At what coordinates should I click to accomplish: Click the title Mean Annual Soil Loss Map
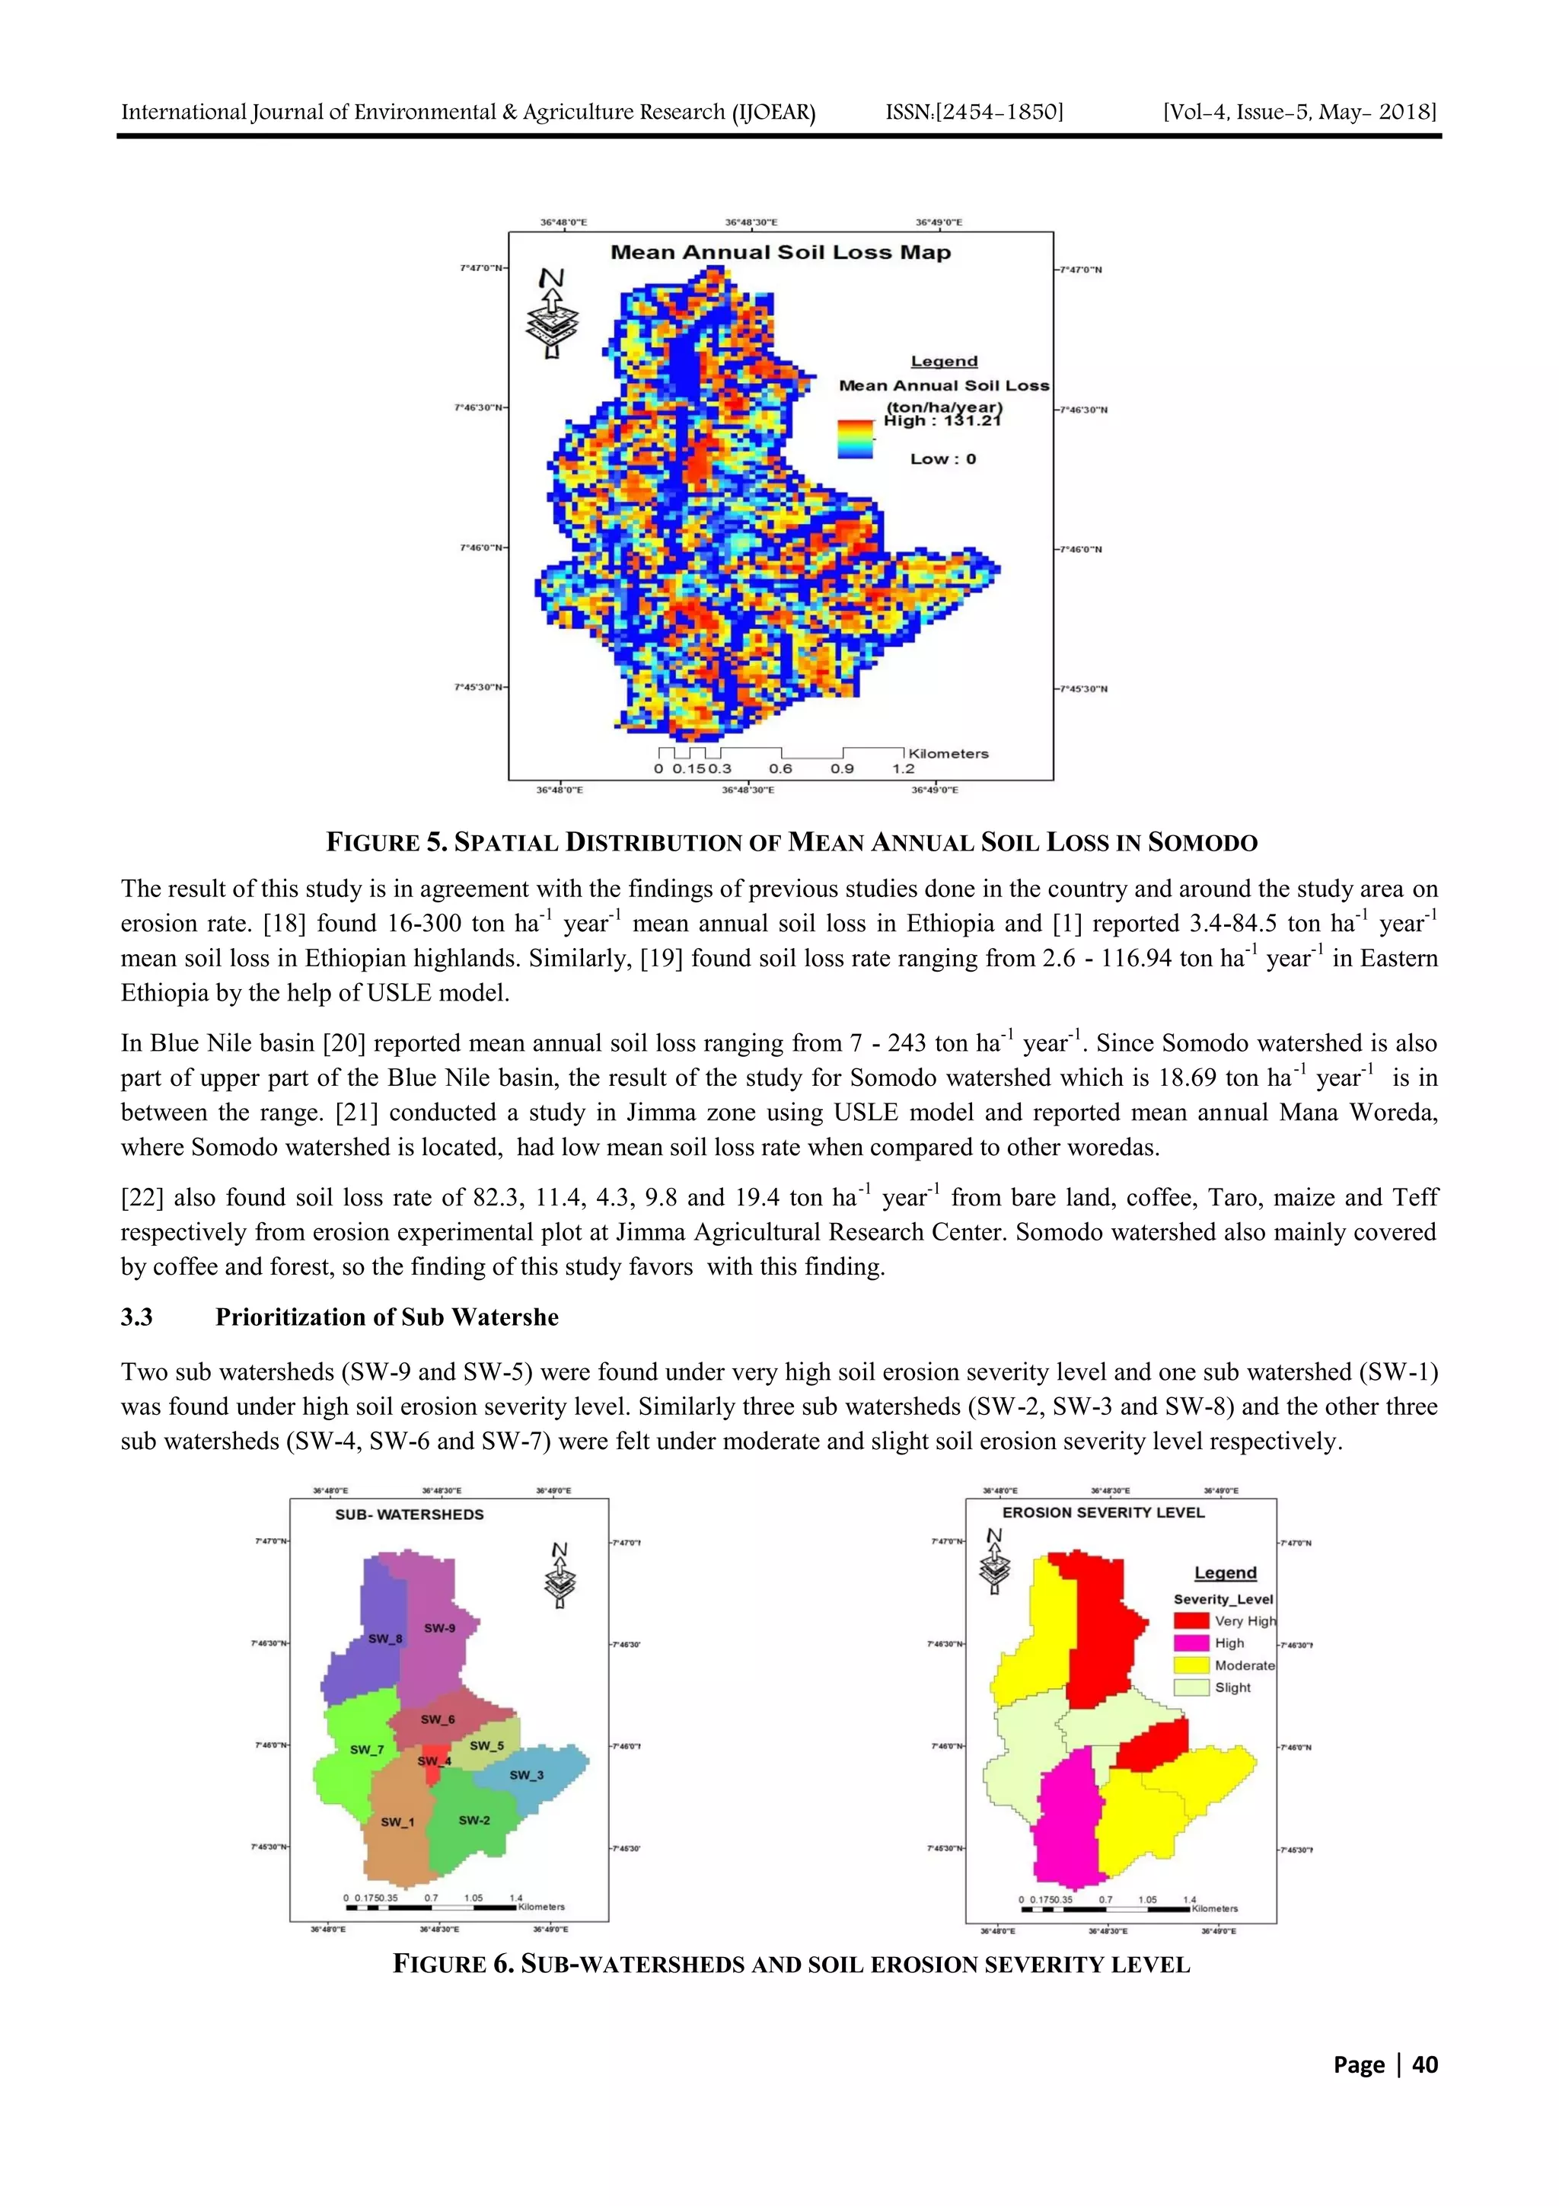[x=780, y=253]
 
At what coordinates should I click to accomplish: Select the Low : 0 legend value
[x=942, y=459]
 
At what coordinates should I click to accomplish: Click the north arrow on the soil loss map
[x=551, y=312]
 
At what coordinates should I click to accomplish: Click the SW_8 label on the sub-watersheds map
[x=385, y=1638]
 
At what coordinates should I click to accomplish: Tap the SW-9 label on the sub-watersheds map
[x=440, y=1627]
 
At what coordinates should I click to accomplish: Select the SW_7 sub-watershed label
[x=366, y=1750]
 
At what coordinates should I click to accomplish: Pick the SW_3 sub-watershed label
[x=526, y=1774]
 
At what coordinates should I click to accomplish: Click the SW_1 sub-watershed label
[x=397, y=1821]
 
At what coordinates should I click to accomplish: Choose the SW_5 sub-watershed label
[x=486, y=1746]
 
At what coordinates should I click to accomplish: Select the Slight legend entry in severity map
[x=1232, y=1687]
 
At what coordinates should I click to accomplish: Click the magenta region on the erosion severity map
[x=1066, y=1816]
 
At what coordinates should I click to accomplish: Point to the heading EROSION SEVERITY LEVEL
[x=1103, y=1512]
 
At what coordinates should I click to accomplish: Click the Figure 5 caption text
[x=792, y=843]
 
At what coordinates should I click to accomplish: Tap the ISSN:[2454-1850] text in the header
[x=974, y=113]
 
